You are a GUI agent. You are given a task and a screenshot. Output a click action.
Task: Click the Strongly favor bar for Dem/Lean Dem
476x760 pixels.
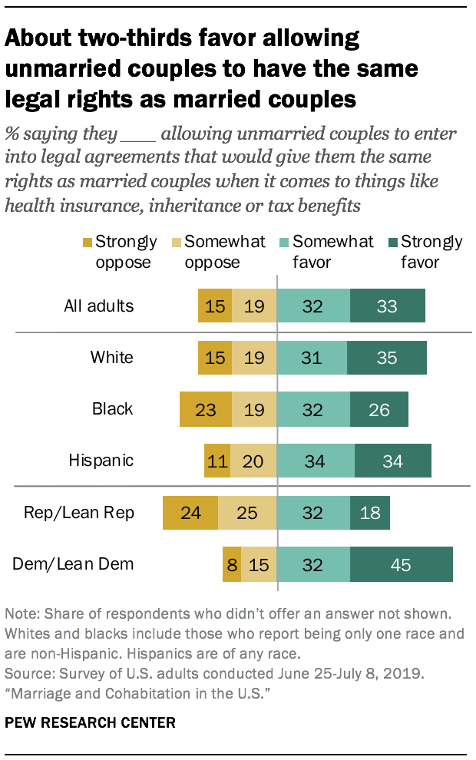[402, 565]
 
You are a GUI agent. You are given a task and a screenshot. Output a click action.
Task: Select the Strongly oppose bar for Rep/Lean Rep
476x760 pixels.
[190, 512]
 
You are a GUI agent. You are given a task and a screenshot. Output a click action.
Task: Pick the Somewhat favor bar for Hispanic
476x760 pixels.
[316, 461]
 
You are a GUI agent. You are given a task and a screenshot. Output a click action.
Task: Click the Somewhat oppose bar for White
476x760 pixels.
[253, 357]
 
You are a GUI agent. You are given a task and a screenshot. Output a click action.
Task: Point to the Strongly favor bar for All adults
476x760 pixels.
[387, 306]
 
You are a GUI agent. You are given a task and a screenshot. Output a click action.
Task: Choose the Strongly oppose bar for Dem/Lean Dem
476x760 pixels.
[231, 565]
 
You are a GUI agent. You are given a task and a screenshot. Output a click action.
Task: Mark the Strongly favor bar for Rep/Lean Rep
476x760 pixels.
[370, 512]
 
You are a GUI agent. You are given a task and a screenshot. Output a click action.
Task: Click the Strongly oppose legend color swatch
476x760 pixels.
[89, 243]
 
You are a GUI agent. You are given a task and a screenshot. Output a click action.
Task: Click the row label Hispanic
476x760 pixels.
[101, 461]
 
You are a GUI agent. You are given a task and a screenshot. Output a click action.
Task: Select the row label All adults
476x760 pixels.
[98, 306]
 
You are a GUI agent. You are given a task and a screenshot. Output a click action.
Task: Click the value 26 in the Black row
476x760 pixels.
[379, 409]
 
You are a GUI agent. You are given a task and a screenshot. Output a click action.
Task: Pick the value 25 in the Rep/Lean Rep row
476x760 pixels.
[246, 512]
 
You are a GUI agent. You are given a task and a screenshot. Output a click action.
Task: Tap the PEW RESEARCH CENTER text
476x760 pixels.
[90, 722]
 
